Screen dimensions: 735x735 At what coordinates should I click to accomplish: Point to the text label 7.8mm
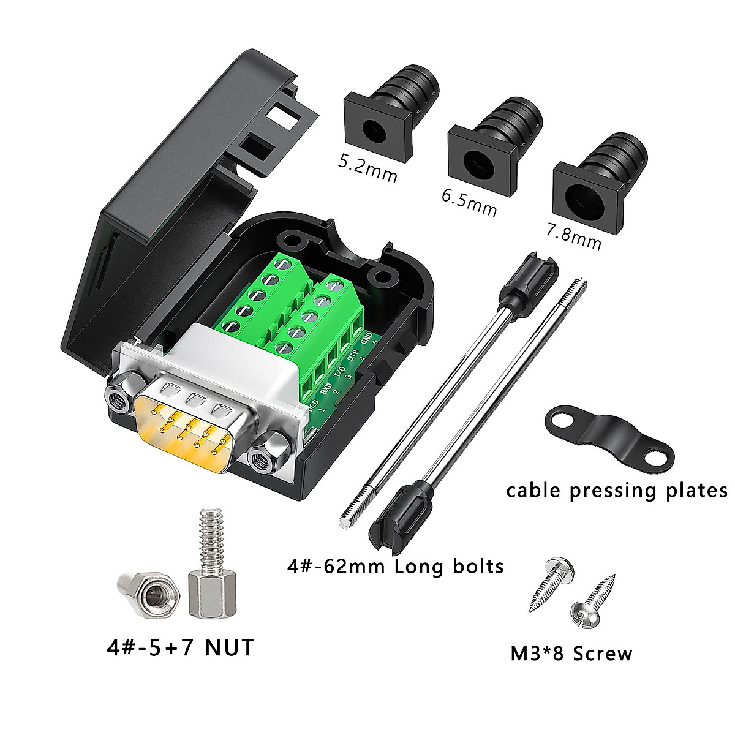coord(573,235)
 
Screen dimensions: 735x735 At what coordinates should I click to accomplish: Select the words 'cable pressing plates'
coord(616,491)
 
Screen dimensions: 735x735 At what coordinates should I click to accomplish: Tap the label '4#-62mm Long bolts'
coord(395,565)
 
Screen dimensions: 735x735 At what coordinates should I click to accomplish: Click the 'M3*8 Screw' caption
coord(571,654)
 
